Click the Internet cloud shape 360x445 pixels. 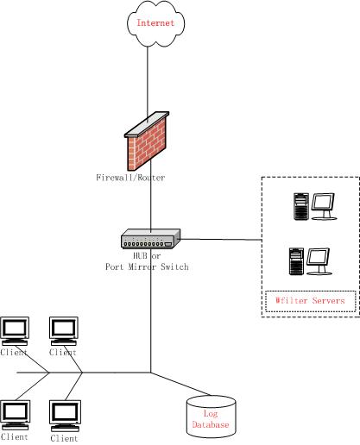155,23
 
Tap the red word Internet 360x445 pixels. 155,22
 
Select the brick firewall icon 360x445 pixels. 147,141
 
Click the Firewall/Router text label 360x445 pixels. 130,178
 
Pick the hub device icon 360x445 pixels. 151,239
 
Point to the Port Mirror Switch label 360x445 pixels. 147,266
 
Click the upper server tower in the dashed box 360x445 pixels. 301,207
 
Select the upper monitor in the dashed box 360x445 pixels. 324,206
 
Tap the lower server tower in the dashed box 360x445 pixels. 296,261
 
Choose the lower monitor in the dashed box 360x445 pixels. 319,261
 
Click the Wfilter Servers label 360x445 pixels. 310,301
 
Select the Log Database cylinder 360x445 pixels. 212,417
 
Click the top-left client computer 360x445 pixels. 15,331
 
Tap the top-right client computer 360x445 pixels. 64,331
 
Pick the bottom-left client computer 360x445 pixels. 15,415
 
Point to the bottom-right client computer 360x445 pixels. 65,416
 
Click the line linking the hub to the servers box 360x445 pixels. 221,239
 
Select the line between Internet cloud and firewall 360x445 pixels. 148,84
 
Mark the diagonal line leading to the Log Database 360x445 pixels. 181,384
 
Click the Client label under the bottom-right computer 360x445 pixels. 64,438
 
